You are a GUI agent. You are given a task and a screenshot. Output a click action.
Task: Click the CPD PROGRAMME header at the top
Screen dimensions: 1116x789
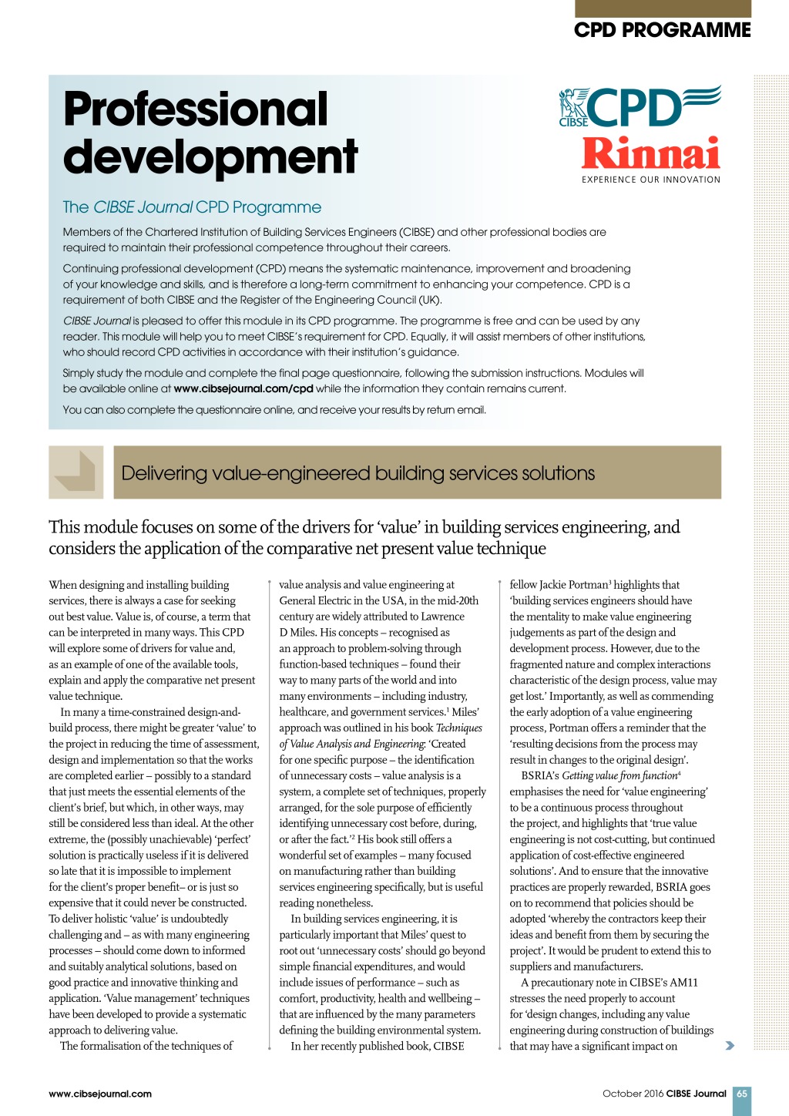coord(662,30)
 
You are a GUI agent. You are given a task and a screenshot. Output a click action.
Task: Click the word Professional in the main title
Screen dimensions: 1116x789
coord(196,109)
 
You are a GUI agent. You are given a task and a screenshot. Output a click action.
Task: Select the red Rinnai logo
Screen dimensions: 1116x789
coord(650,153)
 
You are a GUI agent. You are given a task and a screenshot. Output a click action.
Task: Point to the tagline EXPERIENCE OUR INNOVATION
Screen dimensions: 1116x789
coord(650,180)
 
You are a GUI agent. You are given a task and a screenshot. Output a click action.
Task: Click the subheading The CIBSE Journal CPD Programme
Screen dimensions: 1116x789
coord(192,207)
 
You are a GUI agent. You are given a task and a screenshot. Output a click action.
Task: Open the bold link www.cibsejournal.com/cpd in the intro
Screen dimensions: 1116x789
coord(243,388)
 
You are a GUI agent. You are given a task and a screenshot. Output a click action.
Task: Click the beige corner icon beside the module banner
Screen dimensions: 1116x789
coord(76,472)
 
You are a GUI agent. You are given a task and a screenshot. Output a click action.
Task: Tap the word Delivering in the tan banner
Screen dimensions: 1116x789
coord(165,473)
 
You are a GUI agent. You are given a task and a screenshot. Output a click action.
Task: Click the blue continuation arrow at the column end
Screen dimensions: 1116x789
coord(729,1046)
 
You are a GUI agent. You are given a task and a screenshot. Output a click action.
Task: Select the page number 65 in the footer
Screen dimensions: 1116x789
coord(741,1094)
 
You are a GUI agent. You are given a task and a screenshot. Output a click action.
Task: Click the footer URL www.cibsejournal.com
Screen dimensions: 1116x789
coord(100,1094)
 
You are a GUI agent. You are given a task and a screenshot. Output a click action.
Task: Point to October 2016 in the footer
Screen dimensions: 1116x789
coord(633,1094)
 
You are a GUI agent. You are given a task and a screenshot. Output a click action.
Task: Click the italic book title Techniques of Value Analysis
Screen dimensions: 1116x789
coord(459,728)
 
